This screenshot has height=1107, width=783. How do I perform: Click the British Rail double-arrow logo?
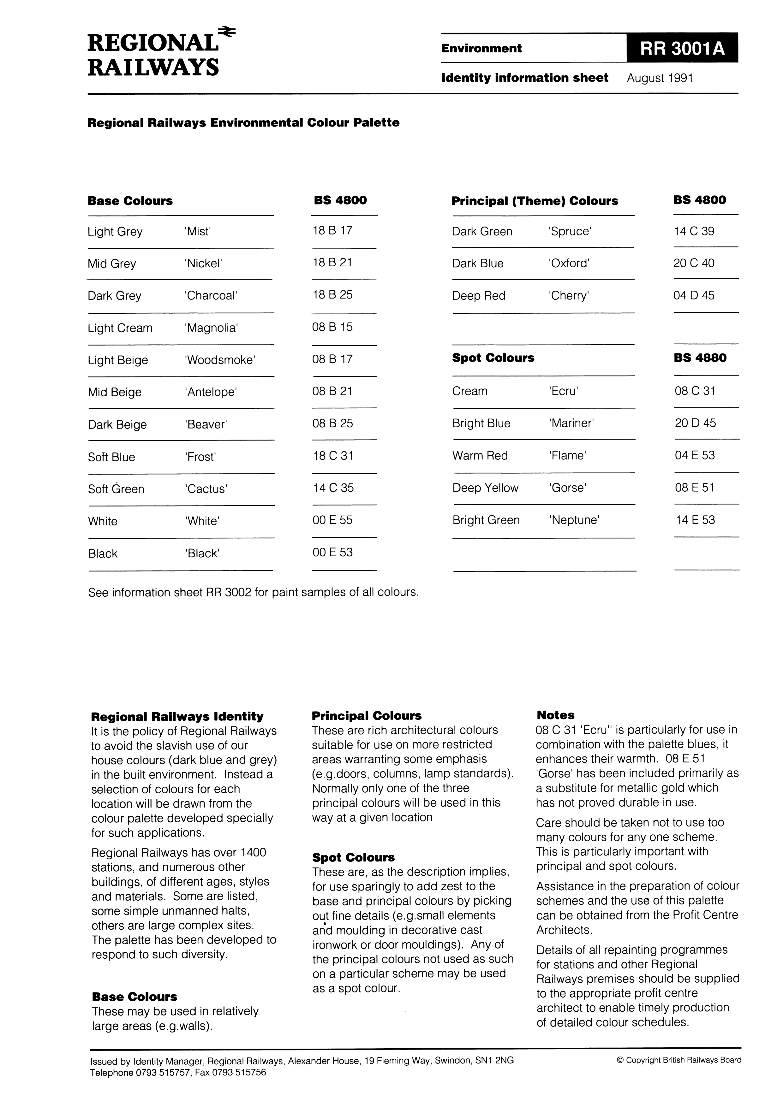pos(227,32)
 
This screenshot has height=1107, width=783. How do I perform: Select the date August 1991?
pos(660,78)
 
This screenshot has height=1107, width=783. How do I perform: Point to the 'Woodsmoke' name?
pos(219,360)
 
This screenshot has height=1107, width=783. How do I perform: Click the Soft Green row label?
pos(116,489)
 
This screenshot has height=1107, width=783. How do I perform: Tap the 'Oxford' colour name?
pos(569,263)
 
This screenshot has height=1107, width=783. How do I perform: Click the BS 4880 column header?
pos(700,358)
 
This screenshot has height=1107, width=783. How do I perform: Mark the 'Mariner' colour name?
pos(571,423)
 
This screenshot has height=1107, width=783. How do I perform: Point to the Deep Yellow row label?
pos(485,488)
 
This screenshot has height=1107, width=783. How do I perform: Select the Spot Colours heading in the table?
pos(493,358)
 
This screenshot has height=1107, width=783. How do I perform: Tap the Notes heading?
pos(555,715)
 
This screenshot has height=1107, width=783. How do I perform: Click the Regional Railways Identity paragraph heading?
pos(177,716)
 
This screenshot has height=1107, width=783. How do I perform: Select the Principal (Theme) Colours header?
pos(535,201)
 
